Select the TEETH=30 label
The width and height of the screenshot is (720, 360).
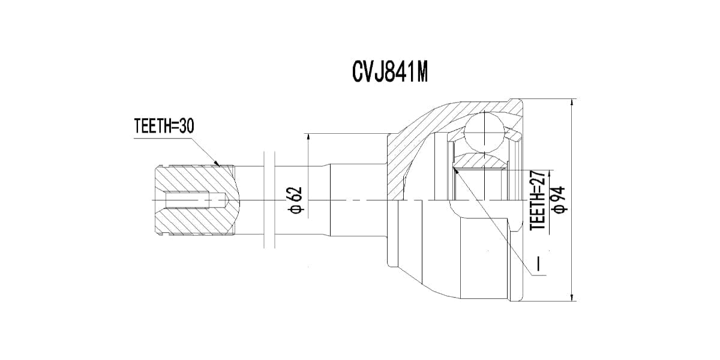click(164, 127)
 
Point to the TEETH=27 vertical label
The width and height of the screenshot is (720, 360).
click(538, 199)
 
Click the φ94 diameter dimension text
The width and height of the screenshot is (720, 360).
click(559, 199)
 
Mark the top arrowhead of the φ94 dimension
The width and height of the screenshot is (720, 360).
click(574, 103)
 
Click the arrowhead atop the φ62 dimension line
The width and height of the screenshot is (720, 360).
click(308, 137)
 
